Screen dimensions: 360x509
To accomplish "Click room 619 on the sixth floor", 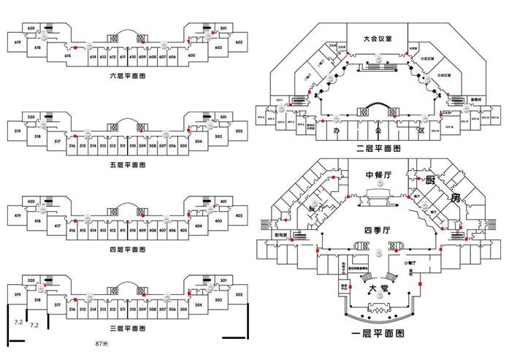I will pyautogui.click(x=16, y=43).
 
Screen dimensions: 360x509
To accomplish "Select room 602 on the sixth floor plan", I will pyautogui.click(x=239, y=42).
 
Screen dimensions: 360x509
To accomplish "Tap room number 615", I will pyautogui.click(x=67, y=56).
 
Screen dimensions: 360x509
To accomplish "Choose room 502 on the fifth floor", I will pyautogui.click(x=239, y=131).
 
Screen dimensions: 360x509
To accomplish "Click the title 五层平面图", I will pyautogui.click(x=128, y=166).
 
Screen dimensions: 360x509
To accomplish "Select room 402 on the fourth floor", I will pyautogui.click(x=239, y=216).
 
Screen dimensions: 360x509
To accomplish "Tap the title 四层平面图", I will pyautogui.click(x=128, y=250).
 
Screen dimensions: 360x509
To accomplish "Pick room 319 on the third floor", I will pyautogui.click(x=16, y=295).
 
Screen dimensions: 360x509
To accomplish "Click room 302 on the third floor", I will pyautogui.click(x=239, y=294).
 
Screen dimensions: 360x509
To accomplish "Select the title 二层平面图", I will pyautogui.click(x=378, y=148).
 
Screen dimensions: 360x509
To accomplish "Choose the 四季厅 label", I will pyautogui.click(x=378, y=231).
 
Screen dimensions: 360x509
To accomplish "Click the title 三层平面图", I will pyautogui.click(x=128, y=329).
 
